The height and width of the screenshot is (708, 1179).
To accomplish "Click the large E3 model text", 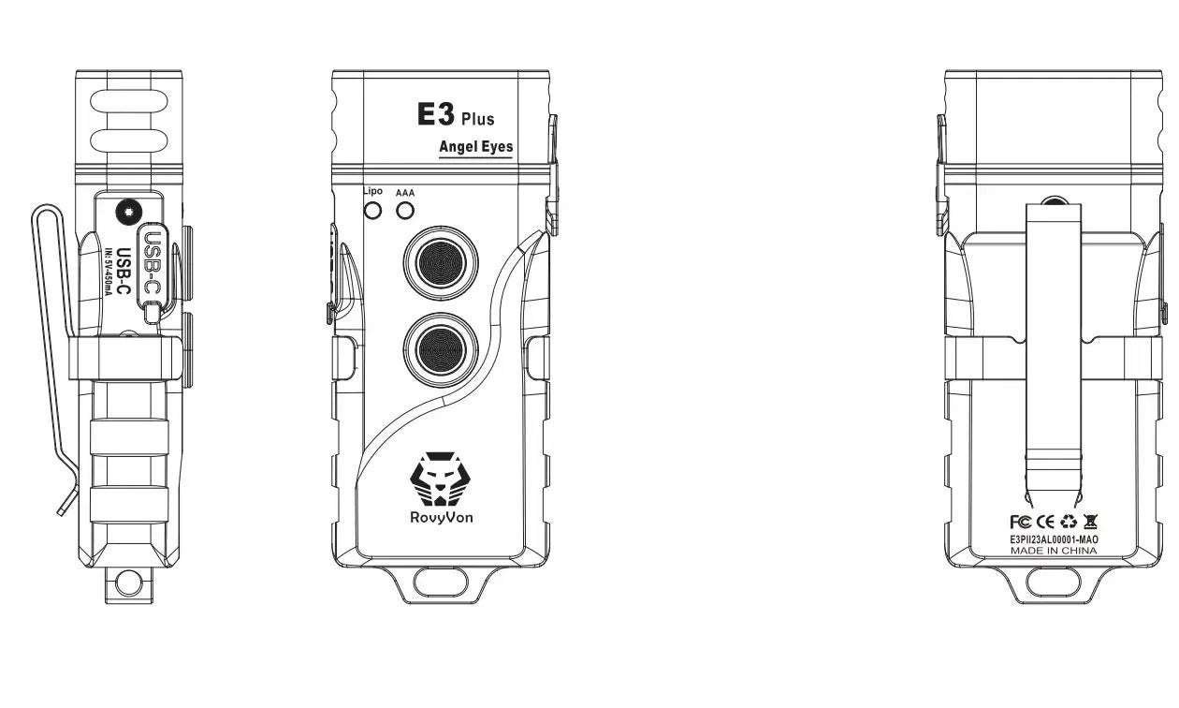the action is (435, 114).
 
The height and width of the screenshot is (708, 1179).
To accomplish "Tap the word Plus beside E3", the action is (478, 119).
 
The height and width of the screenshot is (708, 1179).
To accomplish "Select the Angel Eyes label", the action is (475, 147).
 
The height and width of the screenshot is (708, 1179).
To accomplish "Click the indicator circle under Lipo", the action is (372, 212).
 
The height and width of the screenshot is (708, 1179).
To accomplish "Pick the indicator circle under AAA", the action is (405, 212).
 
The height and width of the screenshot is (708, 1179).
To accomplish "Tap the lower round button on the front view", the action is (441, 349).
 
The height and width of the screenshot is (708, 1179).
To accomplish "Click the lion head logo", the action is (441, 479).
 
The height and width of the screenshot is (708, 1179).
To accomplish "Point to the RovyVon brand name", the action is (441, 518).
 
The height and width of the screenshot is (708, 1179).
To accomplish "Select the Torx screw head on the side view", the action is (129, 213).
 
